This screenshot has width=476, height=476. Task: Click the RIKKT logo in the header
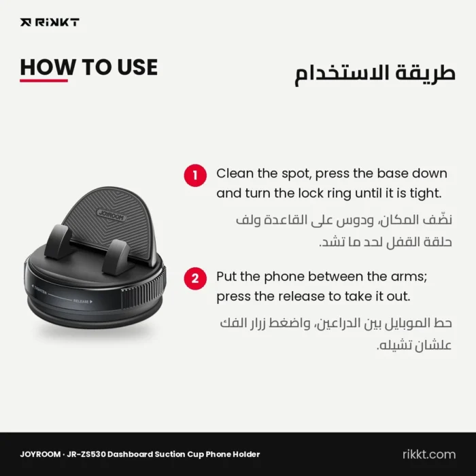(x=50, y=22)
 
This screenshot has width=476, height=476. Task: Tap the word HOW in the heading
(x=48, y=67)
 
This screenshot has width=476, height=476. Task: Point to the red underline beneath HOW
(x=44, y=81)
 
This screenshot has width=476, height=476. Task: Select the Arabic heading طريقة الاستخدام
(x=375, y=73)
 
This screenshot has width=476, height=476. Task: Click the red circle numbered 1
(x=195, y=175)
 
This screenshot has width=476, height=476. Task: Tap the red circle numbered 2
(x=195, y=279)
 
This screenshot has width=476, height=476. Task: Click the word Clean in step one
(x=235, y=173)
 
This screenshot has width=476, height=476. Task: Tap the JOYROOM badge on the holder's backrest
(x=112, y=215)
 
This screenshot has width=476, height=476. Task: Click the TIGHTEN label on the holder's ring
(x=39, y=289)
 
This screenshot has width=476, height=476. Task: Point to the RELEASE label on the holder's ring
(x=82, y=301)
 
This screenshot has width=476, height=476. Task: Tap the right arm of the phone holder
(x=117, y=257)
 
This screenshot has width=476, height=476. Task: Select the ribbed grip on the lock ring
(x=143, y=288)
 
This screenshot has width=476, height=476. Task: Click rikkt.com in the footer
(x=429, y=454)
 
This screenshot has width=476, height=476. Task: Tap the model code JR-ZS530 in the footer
(x=86, y=454)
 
